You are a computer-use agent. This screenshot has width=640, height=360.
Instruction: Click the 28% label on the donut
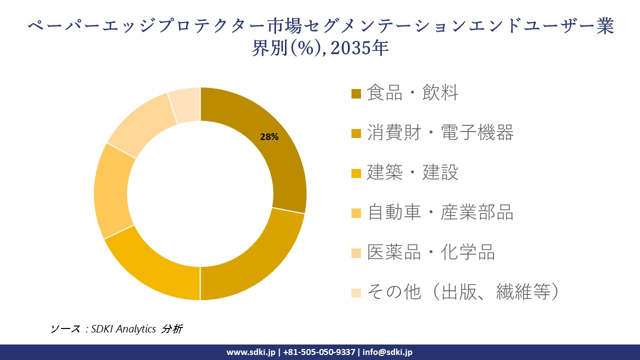point(269,136)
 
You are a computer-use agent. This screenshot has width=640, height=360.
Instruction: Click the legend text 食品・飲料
point(412,93)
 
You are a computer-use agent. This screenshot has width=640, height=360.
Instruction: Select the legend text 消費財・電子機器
point(440,133)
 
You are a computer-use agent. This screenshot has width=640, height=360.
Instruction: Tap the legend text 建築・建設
point(412,173)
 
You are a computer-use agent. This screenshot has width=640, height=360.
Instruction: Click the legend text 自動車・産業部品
point(440,213)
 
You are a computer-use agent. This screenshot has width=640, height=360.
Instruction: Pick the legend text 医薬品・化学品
point(430,253)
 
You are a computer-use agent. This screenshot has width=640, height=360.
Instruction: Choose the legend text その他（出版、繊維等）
point(462,292)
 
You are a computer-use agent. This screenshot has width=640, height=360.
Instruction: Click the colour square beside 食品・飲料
point(356,94)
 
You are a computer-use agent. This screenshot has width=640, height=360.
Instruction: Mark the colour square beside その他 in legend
point(356,293)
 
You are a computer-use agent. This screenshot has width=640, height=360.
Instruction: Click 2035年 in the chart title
point(359,49)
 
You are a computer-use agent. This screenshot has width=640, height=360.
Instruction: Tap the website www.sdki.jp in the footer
point(250,352)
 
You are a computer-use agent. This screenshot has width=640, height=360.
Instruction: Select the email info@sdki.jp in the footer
point(387,352)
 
